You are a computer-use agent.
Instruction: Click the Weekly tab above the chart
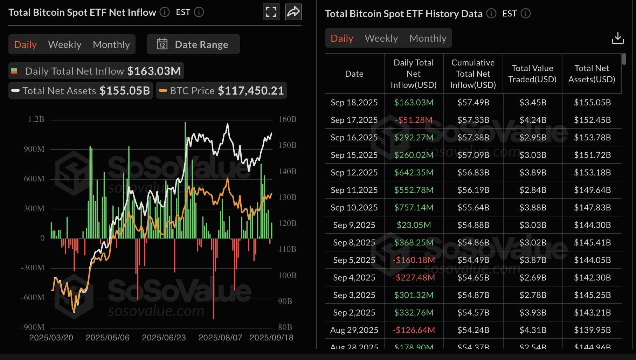pyautogui.click(x=65, y=44)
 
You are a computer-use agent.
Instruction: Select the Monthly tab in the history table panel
pyautogui.click(x=428, y=38)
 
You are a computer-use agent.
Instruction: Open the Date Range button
pyautogui.click(x=193, y=44)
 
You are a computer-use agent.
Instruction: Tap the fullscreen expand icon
pyautogui.click(x=271, y=12)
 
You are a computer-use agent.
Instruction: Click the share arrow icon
pyautogui.click(x=293, y=12)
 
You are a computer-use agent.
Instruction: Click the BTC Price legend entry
pyautogui.click(x=221, y=91)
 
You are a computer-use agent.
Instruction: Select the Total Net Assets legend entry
pyautogui.click(x=81, y=91)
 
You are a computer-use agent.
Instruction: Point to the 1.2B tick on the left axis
pyautogui.click(x=36, y=119)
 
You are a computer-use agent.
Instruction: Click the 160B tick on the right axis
pyautogui.click(x=287, y=119)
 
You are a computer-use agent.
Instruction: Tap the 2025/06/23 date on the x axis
pyautogui.click(x=164, y=338)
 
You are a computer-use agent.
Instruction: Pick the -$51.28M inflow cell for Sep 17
pyautogui.click(x=414, y=120)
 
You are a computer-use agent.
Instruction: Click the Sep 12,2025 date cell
pyautogui.click(x=354, y=173)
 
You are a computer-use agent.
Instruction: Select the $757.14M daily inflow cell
pyautogui.click(x=414, y=208)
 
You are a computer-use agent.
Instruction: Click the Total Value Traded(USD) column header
pyautogui.click(x=532, y=74)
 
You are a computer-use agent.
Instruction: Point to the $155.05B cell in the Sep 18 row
pyautogui.click(x=592, y=103)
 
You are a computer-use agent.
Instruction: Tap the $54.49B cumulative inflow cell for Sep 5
pyautogui.click(x=473, y=260)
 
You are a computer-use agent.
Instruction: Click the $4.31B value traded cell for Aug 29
pyautogui.click(x=533, y=330)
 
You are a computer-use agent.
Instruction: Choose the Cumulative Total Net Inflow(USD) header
pyautogui.click(x=473, y=74)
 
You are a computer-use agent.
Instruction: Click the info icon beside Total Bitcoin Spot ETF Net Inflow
pyautogui.click(x=165, y=12)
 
